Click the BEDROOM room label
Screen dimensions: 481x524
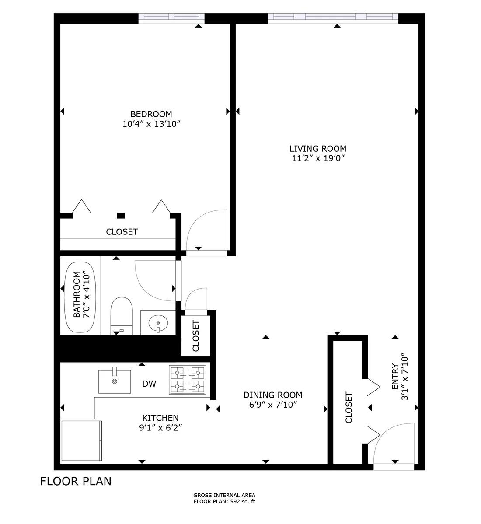151,114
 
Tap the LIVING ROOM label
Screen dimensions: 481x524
317,149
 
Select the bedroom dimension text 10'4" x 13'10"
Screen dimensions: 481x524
151,124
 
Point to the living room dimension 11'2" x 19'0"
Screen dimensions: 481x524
317,158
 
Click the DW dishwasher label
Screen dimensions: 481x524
149,384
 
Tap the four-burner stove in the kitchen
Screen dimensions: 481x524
188,380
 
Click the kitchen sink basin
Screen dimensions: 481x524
114,381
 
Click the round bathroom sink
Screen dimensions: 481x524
158,323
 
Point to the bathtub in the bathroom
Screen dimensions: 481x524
80,297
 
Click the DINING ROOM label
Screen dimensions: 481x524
272,395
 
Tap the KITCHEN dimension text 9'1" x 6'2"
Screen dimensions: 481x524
160,427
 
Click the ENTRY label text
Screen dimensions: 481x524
395,377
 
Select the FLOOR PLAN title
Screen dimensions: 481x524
76,481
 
